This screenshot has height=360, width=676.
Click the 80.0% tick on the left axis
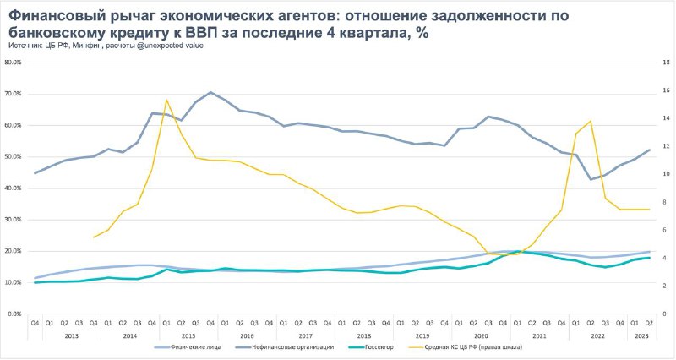[13, 63]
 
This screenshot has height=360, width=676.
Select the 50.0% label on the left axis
[13, 157]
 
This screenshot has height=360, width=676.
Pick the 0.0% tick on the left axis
[14, 314]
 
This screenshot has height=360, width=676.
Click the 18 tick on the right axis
[666, 63]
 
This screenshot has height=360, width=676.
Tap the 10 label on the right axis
[666, 174]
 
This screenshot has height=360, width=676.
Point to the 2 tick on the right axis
[666, 286]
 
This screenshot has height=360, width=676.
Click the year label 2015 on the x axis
[188, 335]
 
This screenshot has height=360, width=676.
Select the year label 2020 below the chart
[481, 335]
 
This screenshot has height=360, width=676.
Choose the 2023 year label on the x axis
[641, 335]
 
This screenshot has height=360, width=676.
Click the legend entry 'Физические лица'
[188, 347]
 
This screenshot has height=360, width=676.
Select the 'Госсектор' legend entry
[368, 347]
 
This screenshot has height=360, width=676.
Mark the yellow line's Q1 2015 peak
[166, 100]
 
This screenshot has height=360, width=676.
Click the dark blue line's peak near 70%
[210, 92]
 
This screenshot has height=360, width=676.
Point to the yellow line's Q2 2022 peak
[591, 121]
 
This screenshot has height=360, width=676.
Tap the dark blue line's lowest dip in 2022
[591, 179]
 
